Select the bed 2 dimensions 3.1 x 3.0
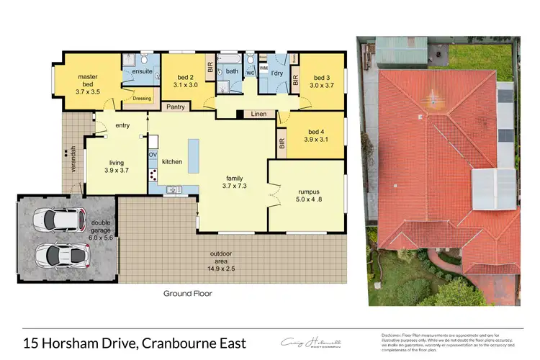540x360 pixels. [x=187, y=84]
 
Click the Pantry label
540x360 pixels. [x=176, y=107]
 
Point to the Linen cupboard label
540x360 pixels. [x=258, y=114]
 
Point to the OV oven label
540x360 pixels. [x=153, y=155]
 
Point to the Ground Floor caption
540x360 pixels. [x=186, y=294]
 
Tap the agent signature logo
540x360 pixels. [x=311, y=342]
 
